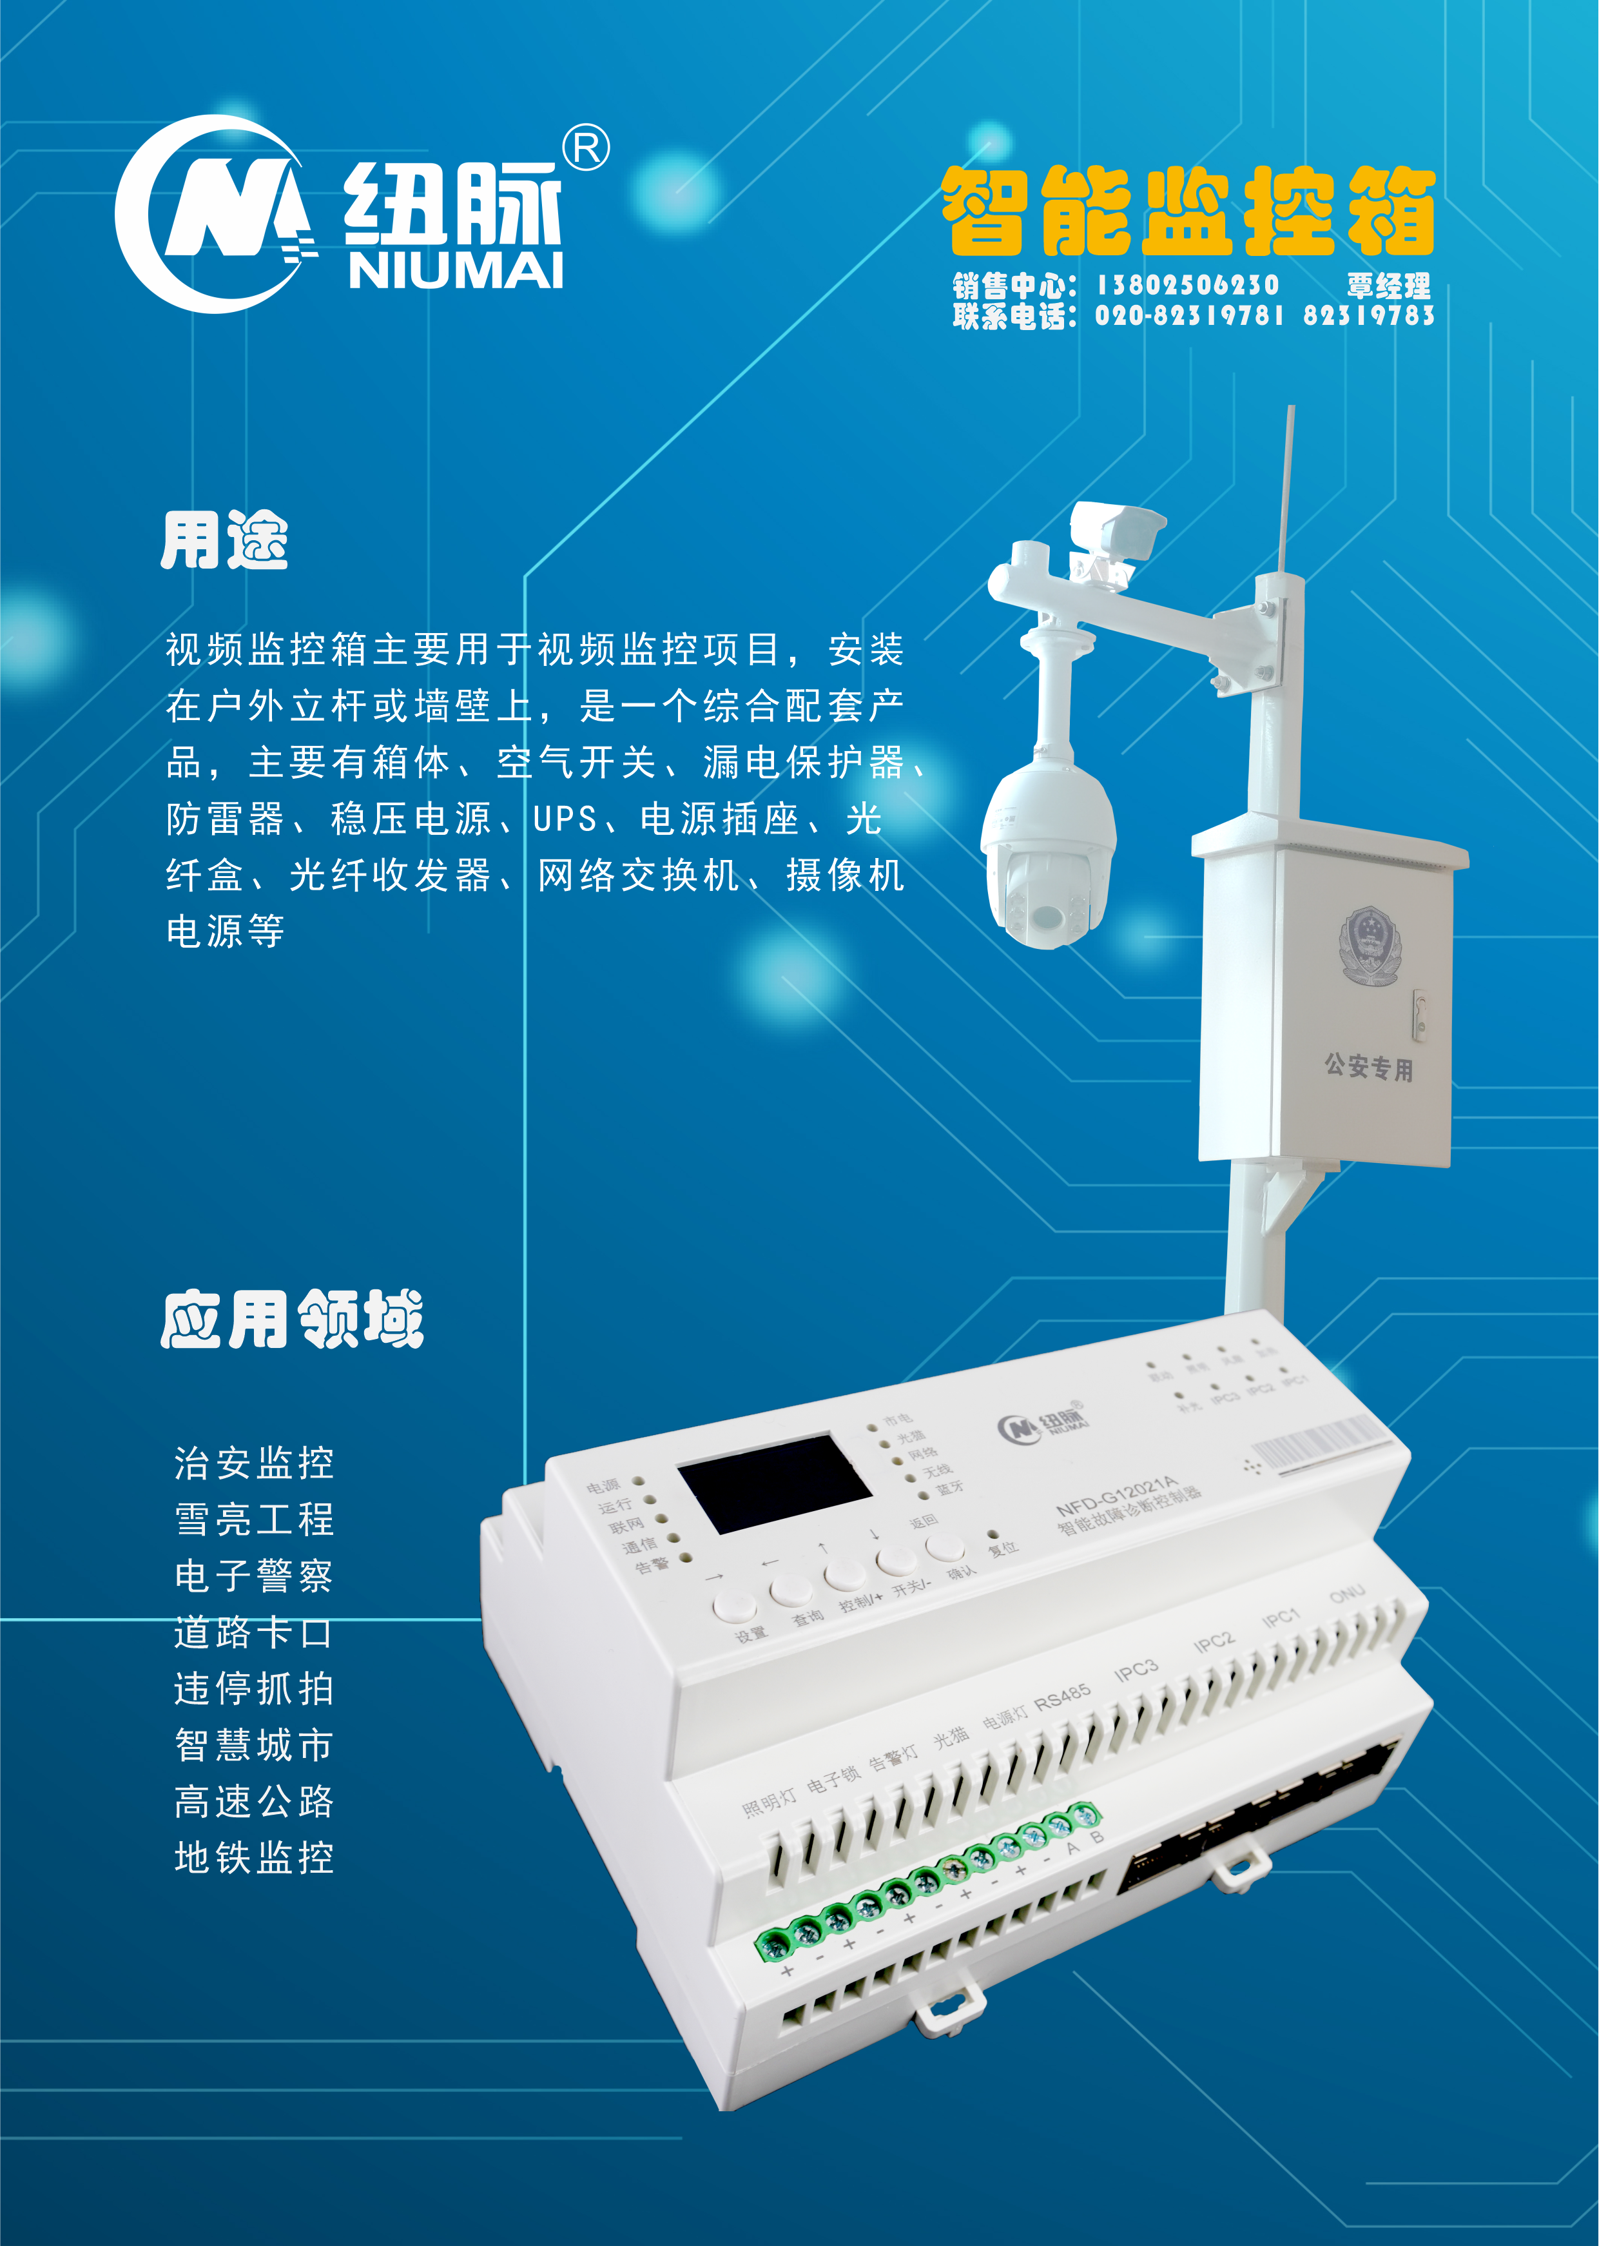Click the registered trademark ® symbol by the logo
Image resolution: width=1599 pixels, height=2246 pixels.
coord(586,148)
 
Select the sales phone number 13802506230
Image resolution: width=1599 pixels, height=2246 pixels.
coord(1187,286)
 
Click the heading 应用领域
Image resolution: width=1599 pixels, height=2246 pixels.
coord(293,1320)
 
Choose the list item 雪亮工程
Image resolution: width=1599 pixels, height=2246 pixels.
coord(254,1519)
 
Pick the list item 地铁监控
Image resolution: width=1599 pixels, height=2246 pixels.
coord(254,1858)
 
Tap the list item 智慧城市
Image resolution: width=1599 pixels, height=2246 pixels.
coord(254,1745)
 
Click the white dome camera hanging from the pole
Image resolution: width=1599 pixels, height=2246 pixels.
coord(1047,857)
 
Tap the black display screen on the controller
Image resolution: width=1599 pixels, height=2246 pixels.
coord(774,1483)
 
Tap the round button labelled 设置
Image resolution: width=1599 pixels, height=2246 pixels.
coord(735,1606)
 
